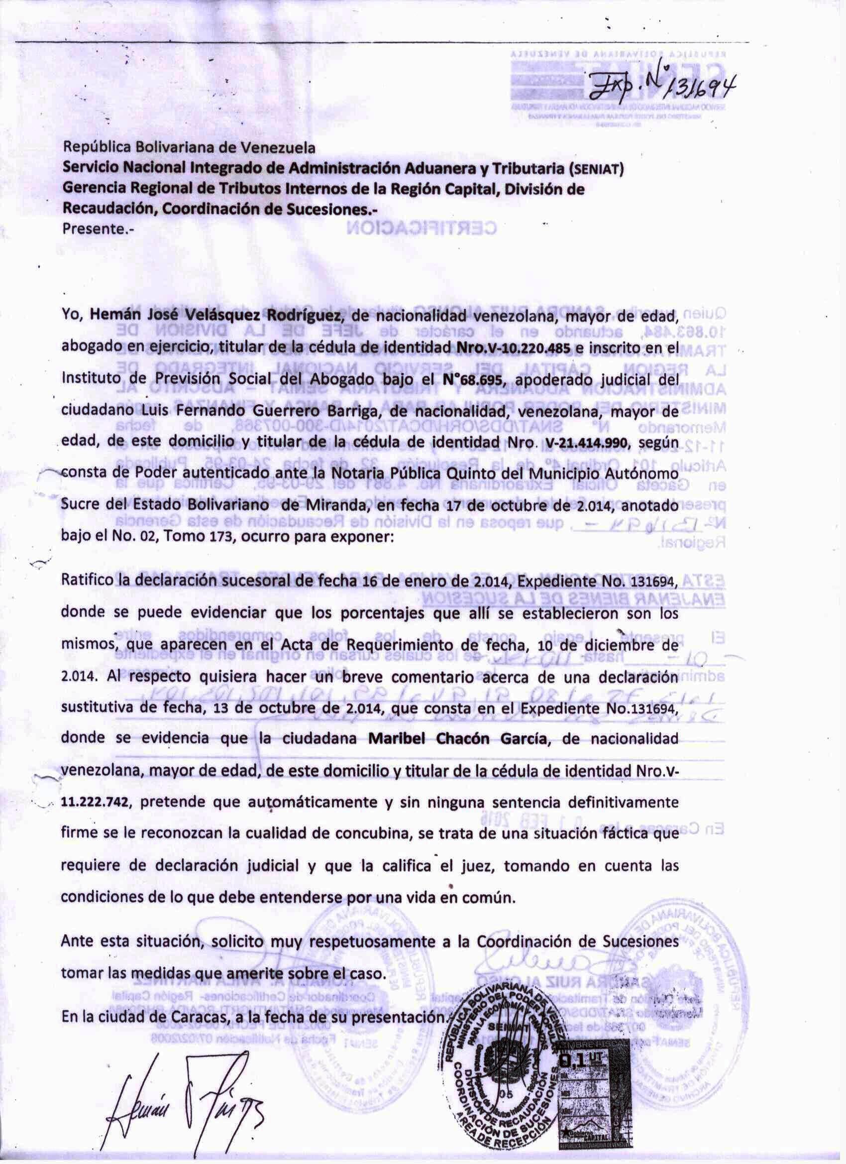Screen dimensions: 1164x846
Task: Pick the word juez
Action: pyautogui.click(x=479, y=866)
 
